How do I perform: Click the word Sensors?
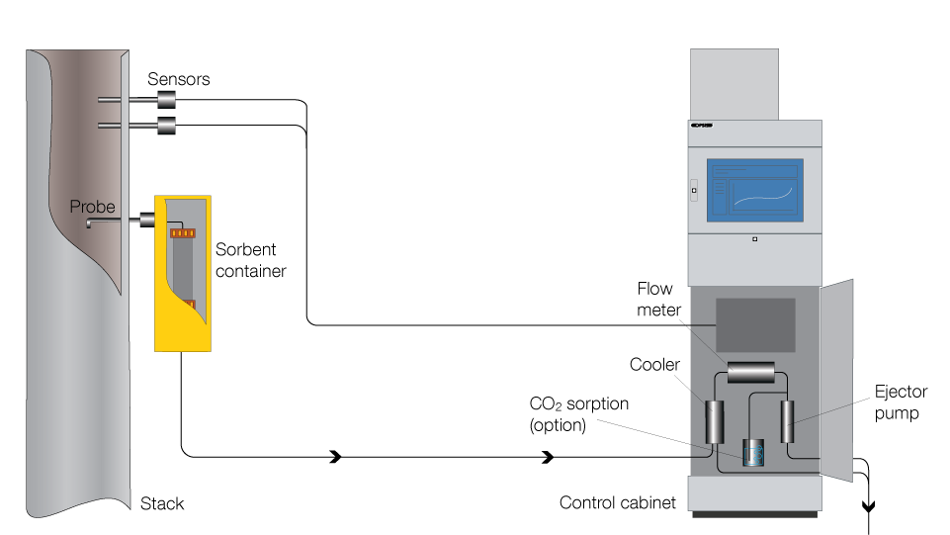click(x=179, y=78)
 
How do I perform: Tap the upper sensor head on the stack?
click(x=166, y=100)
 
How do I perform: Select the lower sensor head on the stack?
click(x=166, y=125)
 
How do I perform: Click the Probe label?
click(x=92, y=208)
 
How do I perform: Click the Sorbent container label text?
click(x=250, y=260)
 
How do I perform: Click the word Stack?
click(x=162, y=503)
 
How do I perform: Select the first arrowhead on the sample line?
click(x=336, y=457)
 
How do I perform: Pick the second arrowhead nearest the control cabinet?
click(x=547, y=457)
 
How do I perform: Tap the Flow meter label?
click(x=654, y=300)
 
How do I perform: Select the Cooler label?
click(x=654, y=365)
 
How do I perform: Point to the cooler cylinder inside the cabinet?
click(x=715, y=422)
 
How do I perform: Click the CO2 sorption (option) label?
click(x=579, y=414)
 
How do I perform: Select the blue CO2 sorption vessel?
click(x=754, y=453)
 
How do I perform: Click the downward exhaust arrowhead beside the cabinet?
click(x=869, y=507)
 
